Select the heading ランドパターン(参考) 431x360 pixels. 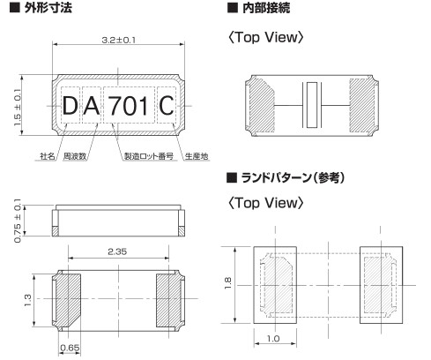291,178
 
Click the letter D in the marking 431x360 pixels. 70,108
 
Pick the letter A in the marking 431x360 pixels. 93,108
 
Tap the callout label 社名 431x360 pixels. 48,156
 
